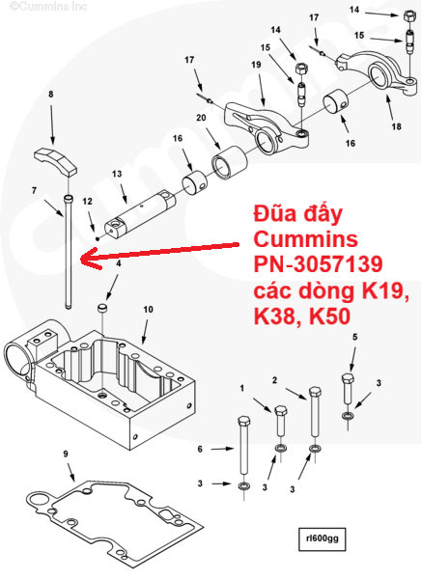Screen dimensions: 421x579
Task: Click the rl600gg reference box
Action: pos(322,538)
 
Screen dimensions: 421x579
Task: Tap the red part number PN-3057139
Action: pos(318,264)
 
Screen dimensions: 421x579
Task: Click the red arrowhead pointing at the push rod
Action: pos(90,258)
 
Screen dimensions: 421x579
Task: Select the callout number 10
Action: pos(148,309)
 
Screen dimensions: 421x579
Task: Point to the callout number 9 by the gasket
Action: pos(66,454)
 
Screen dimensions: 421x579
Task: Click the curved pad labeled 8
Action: pos(55,160)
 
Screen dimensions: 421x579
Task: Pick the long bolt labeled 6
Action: pos(243,445)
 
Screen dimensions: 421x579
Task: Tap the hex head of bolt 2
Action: pos(315,392)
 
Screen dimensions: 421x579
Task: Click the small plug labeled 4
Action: pos(101,309)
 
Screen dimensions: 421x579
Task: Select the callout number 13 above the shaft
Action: pos(117,174)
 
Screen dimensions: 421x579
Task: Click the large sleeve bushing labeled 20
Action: pos(229,163)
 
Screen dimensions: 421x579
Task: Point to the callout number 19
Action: pos(256,65)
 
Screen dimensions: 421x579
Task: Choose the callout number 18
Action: pos(396,126)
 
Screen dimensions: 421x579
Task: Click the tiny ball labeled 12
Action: pos(98,239)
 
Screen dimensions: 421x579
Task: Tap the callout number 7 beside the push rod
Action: pos(34,190)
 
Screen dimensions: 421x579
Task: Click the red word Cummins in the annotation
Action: pos(306,239)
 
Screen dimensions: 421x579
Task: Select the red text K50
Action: pos(329,317)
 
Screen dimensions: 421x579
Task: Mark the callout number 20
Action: pos(201,118)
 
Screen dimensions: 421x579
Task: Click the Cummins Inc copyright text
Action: pos(48,7)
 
